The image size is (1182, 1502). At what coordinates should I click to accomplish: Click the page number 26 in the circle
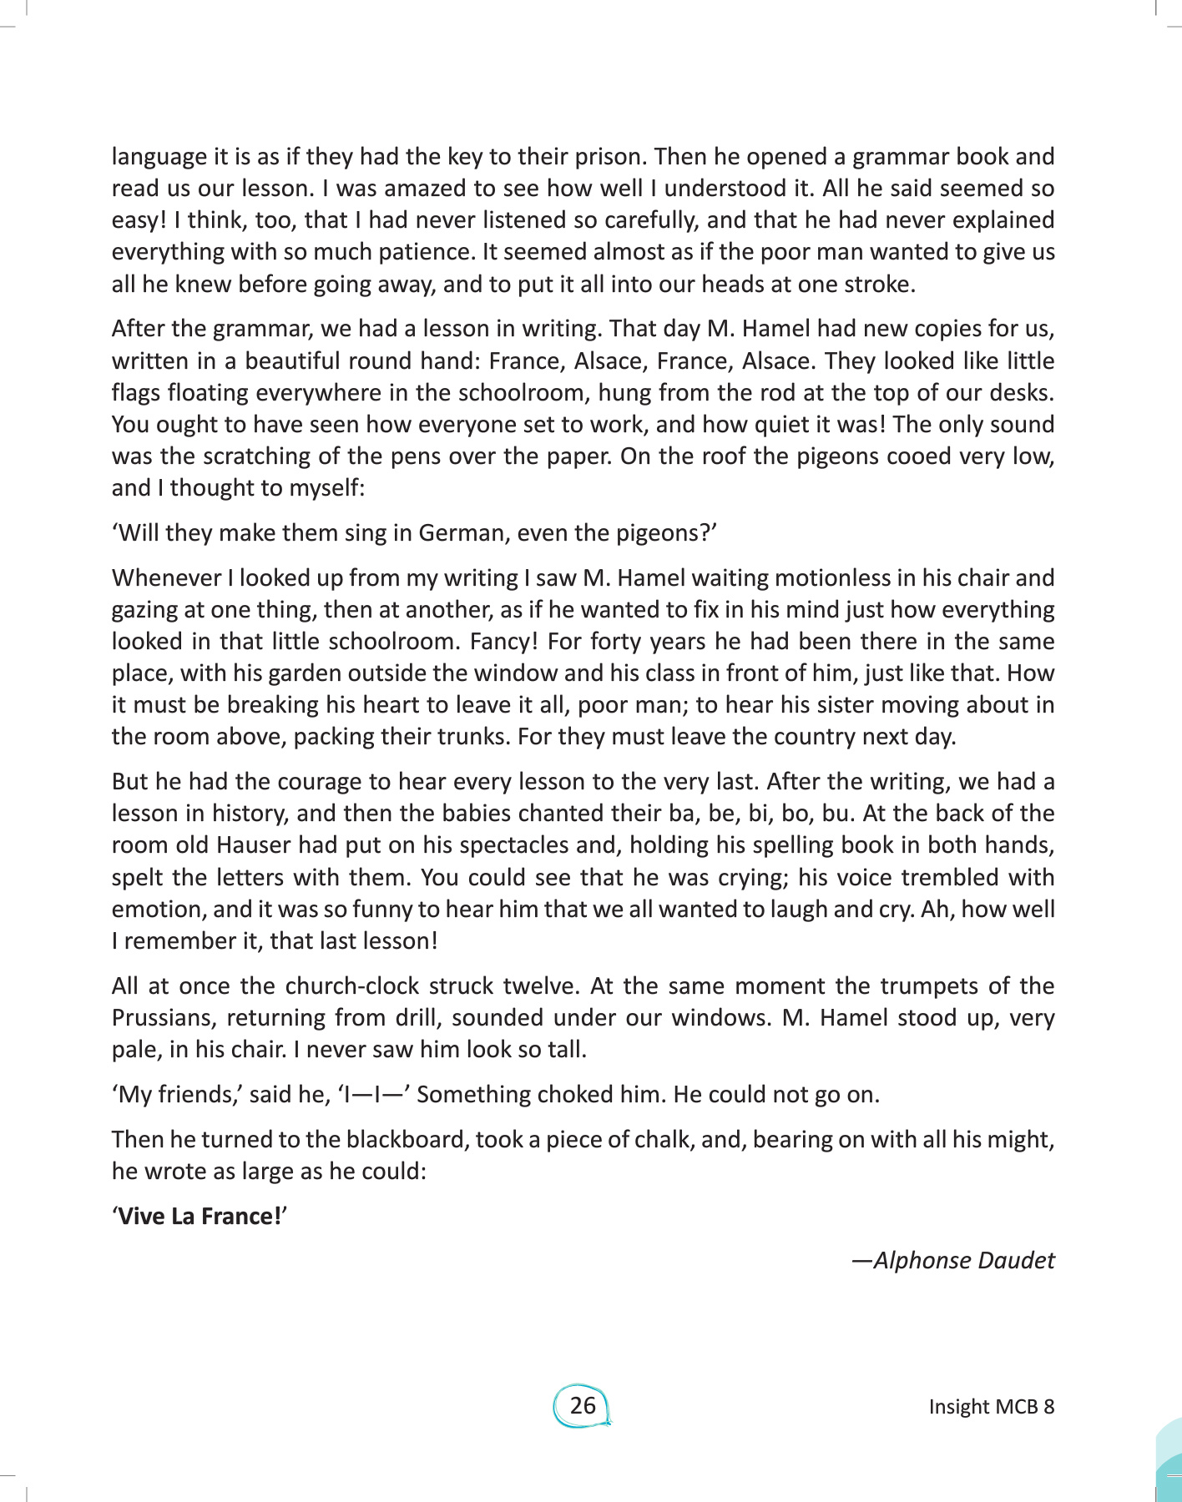[583, 1405]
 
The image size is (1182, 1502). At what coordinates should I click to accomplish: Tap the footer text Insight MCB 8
[991, 1407]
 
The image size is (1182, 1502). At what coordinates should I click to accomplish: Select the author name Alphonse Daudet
[963, 1260]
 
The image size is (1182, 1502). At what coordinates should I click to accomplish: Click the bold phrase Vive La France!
[200, 1216]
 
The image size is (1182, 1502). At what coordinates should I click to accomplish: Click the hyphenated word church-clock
[351, 986]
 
